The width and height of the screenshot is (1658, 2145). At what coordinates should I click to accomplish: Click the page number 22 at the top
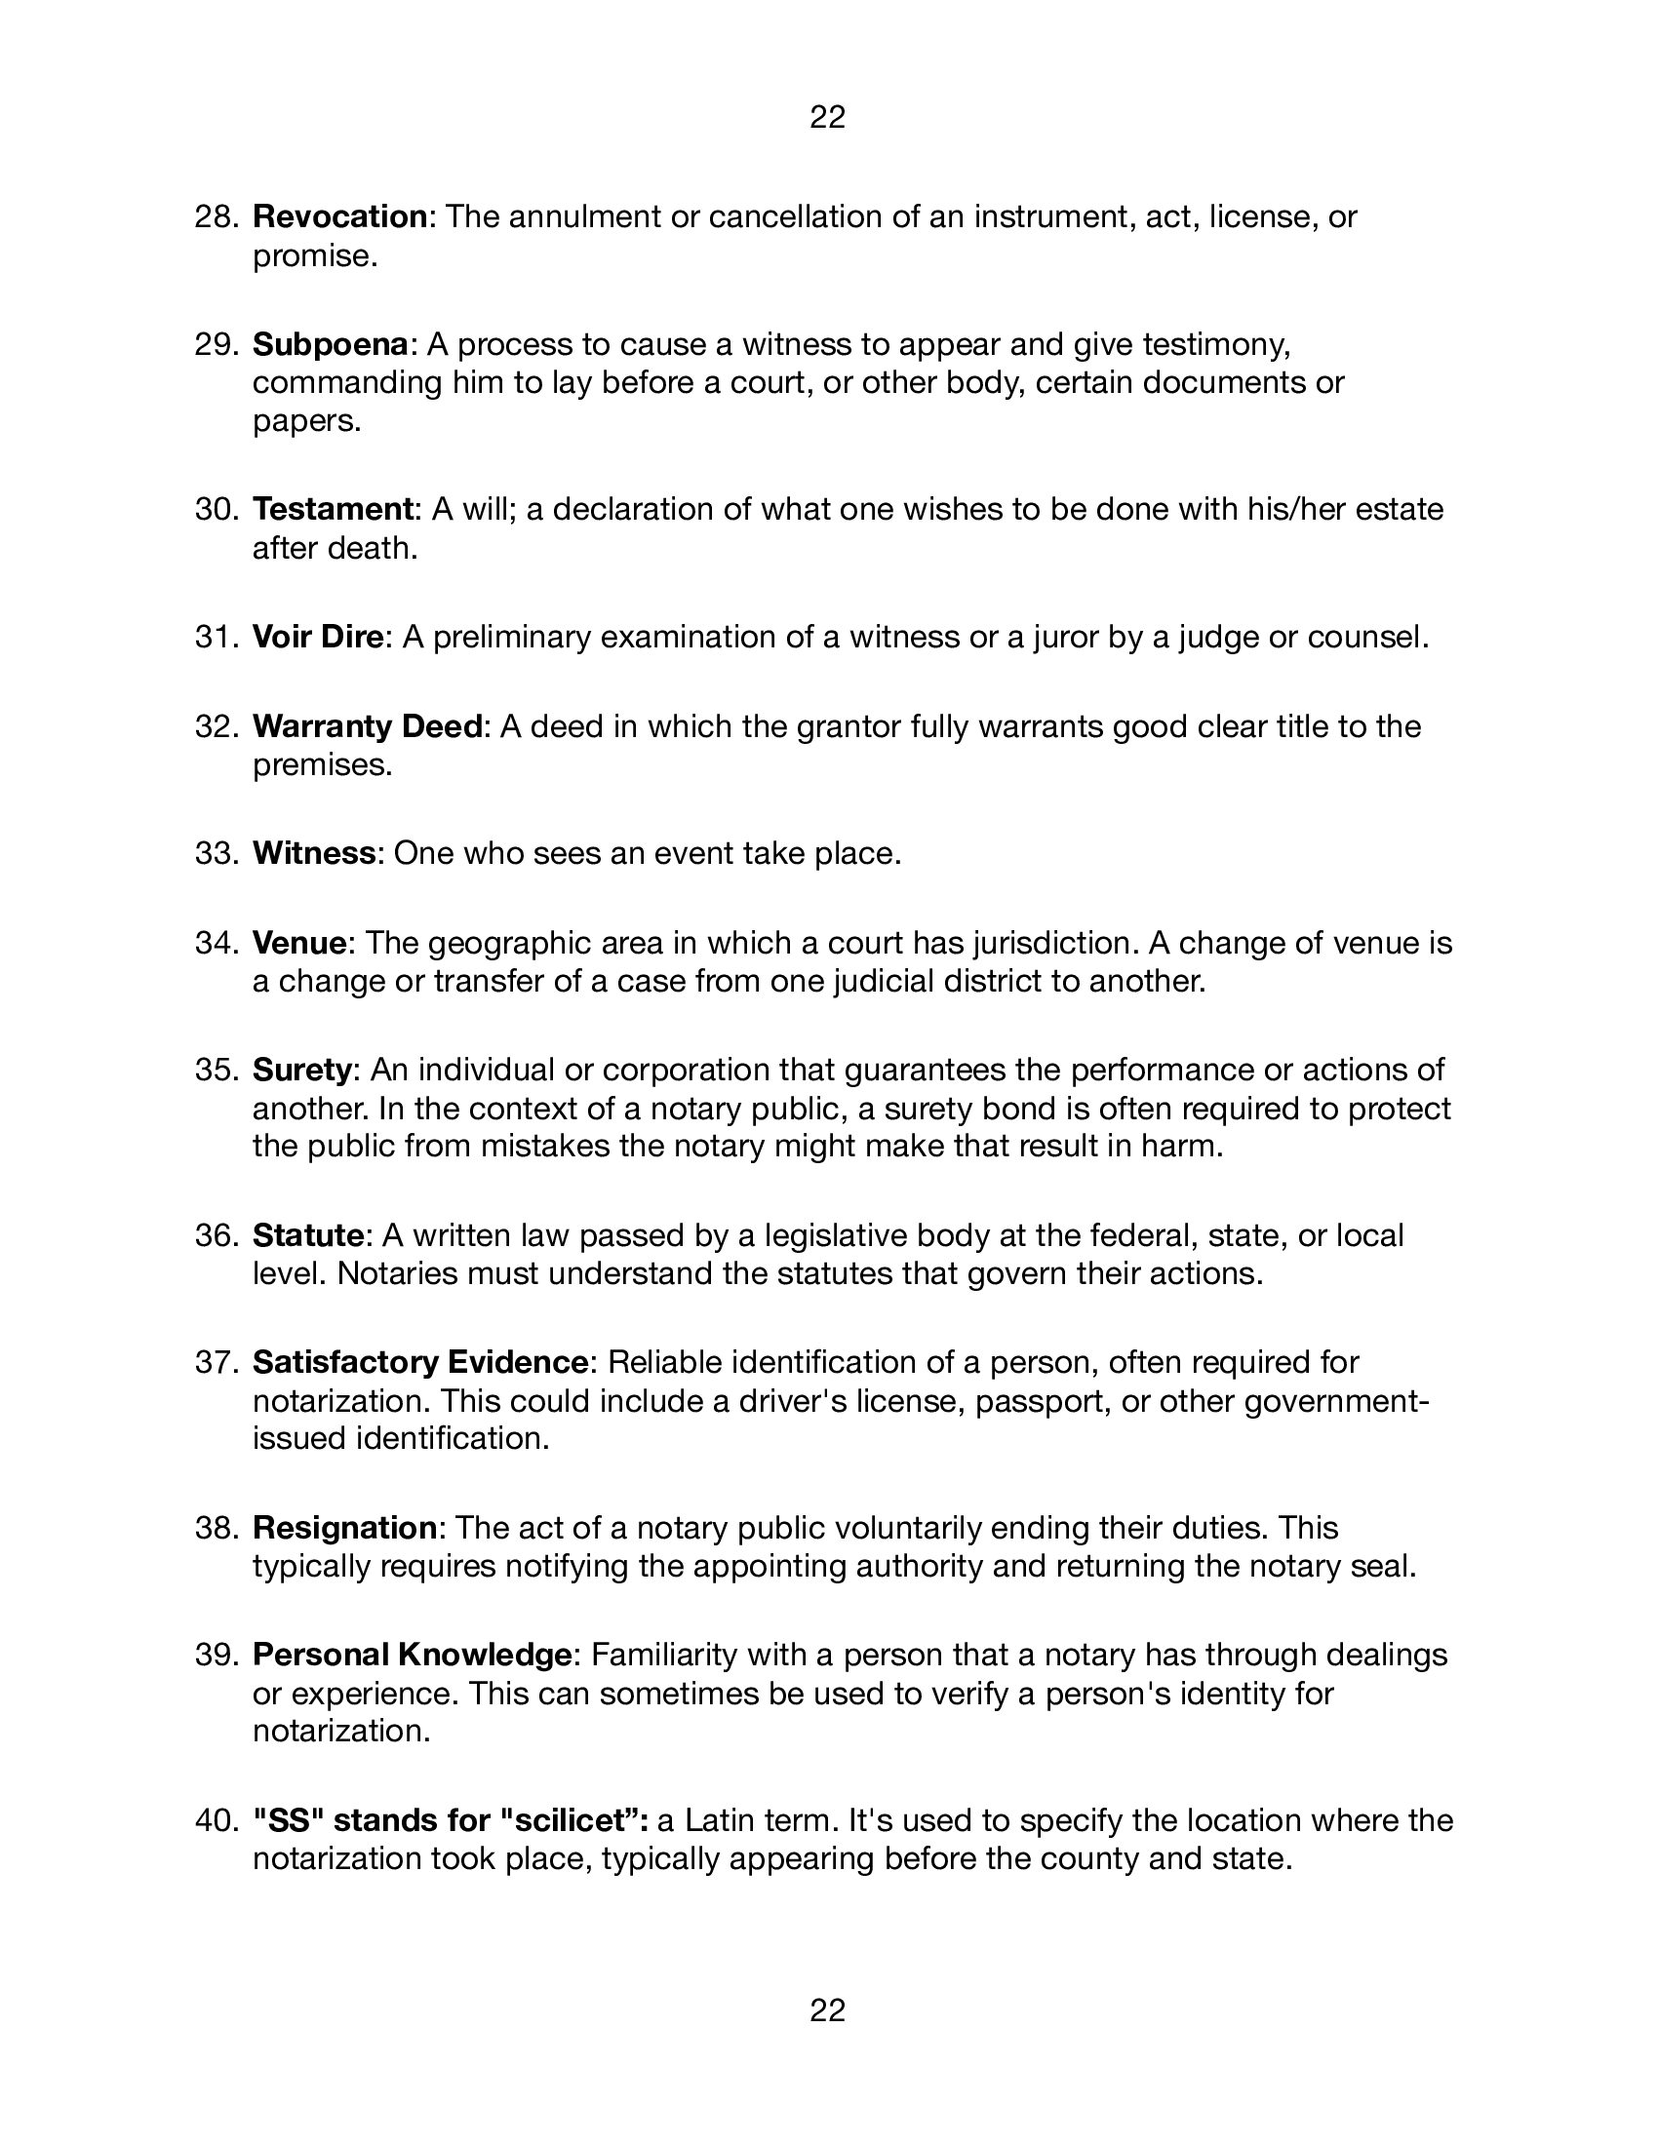pos(827,118)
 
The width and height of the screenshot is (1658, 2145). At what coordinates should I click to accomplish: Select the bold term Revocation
pos(339,216)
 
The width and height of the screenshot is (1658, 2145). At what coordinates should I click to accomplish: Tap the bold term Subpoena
pos(330,344)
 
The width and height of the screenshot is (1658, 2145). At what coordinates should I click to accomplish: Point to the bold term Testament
pos(333,509)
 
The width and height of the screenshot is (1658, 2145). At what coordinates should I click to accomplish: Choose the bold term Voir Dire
pos(317,638)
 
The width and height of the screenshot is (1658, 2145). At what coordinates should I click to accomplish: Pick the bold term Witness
pos(314,853)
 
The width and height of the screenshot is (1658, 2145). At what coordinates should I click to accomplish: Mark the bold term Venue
pos(299,943)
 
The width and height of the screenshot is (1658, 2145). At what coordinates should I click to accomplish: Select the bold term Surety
pos(301,1070)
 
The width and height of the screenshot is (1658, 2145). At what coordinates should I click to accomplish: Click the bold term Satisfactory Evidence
pos(420,1362)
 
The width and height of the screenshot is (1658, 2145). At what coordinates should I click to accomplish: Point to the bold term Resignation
pos(344,1528)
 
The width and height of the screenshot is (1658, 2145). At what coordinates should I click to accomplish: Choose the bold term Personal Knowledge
pos(413,1655)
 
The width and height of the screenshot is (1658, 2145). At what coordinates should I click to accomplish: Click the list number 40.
pos(217,1821)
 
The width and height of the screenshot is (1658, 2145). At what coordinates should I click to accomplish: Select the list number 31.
pos(217,638)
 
